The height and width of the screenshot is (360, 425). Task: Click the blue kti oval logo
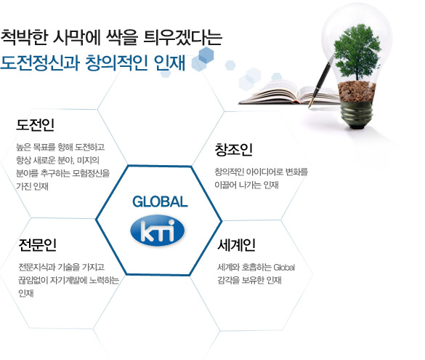click(x=157, y=231)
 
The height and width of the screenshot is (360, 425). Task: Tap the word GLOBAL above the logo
click(x=160, y=202)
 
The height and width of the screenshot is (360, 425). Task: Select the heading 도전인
click(x=36, y=125)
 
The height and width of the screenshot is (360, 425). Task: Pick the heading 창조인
click(x=234, y=150)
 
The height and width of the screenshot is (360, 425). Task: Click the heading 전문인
click(x=37, y=245)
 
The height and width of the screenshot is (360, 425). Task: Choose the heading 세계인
click(x=236, y=245)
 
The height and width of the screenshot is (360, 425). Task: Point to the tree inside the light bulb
click(x=357, y=52)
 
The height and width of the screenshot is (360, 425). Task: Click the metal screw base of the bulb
click(x=357, y=114)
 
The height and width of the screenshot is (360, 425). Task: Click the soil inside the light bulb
click(x=357, y=91)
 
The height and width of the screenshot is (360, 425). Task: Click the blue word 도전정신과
click(x=40, y=63)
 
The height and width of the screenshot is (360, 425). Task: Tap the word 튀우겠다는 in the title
click(x=182, y=37)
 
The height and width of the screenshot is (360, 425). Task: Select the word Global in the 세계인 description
click(x=284, y=268)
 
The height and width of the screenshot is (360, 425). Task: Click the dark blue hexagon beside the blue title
click(x=206, y=55)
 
